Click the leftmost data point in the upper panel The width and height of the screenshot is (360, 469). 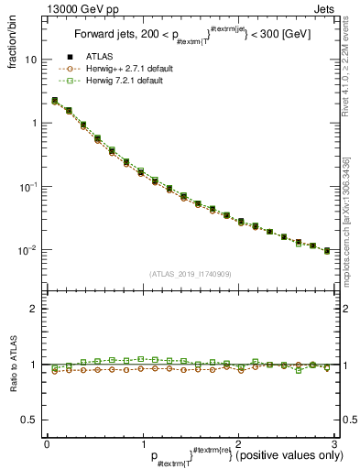click(x=55, y=101)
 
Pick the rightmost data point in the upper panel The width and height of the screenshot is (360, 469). click(x=327, y=250)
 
